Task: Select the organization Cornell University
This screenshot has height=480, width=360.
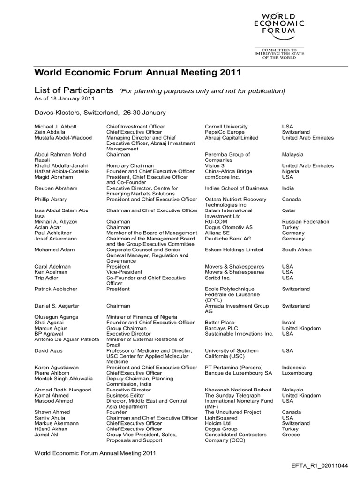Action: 226,127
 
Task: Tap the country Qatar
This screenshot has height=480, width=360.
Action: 289,210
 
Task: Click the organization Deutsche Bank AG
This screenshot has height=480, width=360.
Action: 228,239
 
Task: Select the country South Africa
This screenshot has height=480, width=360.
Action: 297,250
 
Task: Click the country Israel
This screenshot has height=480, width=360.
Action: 288,322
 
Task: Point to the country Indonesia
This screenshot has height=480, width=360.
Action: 294,367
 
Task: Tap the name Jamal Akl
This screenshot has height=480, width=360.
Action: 46,435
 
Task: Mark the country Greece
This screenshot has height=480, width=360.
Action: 291,435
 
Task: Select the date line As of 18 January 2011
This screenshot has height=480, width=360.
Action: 65,98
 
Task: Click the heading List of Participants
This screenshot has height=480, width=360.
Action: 74,90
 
